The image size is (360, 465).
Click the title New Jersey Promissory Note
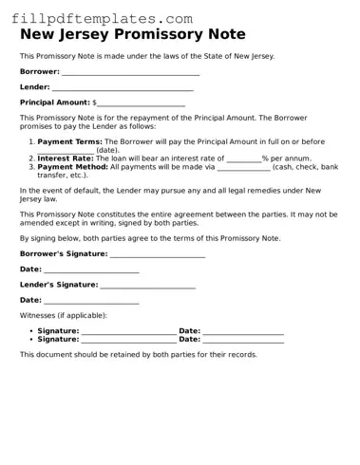(x=133, y=35)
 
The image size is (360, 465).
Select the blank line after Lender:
(x=123, y=87)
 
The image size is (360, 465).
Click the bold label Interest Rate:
(x=66, y=158)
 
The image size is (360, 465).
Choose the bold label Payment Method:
(x=72, y=166)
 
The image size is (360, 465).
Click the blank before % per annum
(x=244, y=158)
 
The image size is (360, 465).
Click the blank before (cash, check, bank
(x=243, y=167)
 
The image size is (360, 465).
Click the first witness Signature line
(x=128, y=330)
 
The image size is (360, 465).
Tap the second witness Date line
(x=243, y=339)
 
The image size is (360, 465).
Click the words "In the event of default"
(x=61, y=191)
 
